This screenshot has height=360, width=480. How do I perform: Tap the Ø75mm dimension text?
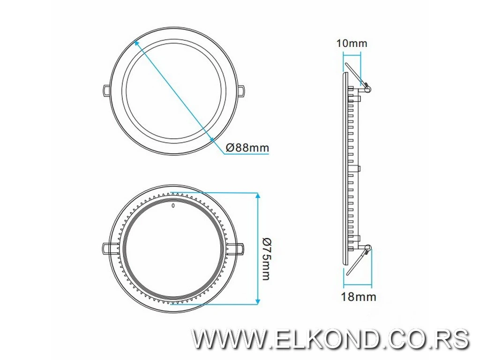tap(266, 259)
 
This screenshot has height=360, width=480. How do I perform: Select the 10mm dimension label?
tap(352, 44)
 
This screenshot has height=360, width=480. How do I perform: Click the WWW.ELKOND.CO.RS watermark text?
tap(330, 339)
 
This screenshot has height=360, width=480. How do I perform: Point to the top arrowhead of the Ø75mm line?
tap(257, 195)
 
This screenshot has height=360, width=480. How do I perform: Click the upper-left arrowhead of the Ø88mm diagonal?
tap(136, 42)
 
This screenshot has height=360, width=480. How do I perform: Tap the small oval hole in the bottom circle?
tap(173, 205)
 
